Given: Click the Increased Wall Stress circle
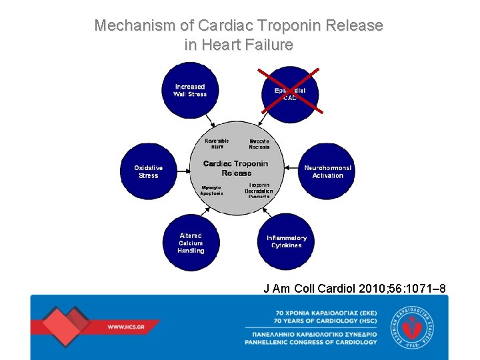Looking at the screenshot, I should pos(190,91).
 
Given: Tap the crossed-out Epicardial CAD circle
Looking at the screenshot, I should pos(290,93).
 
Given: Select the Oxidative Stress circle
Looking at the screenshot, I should pos(148,172).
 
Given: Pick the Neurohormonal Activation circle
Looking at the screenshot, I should pos(327,172).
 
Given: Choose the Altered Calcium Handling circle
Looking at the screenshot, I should pos(191,243).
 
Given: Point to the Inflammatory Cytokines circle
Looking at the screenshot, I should pos(286,242).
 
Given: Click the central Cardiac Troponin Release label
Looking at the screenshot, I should pos(236,168).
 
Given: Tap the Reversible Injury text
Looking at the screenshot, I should pos(217,143).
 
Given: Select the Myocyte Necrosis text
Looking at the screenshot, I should pos(259,144).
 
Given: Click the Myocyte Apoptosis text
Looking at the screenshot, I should pos(211,190).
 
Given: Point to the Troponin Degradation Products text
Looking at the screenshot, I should pos(259,191).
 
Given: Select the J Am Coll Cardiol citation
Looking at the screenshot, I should pos(355,288).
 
